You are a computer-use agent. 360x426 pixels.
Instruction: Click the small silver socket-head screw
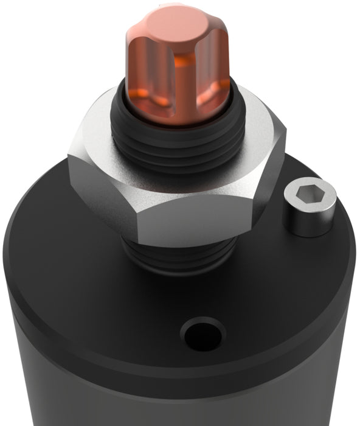pos(309,210)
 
